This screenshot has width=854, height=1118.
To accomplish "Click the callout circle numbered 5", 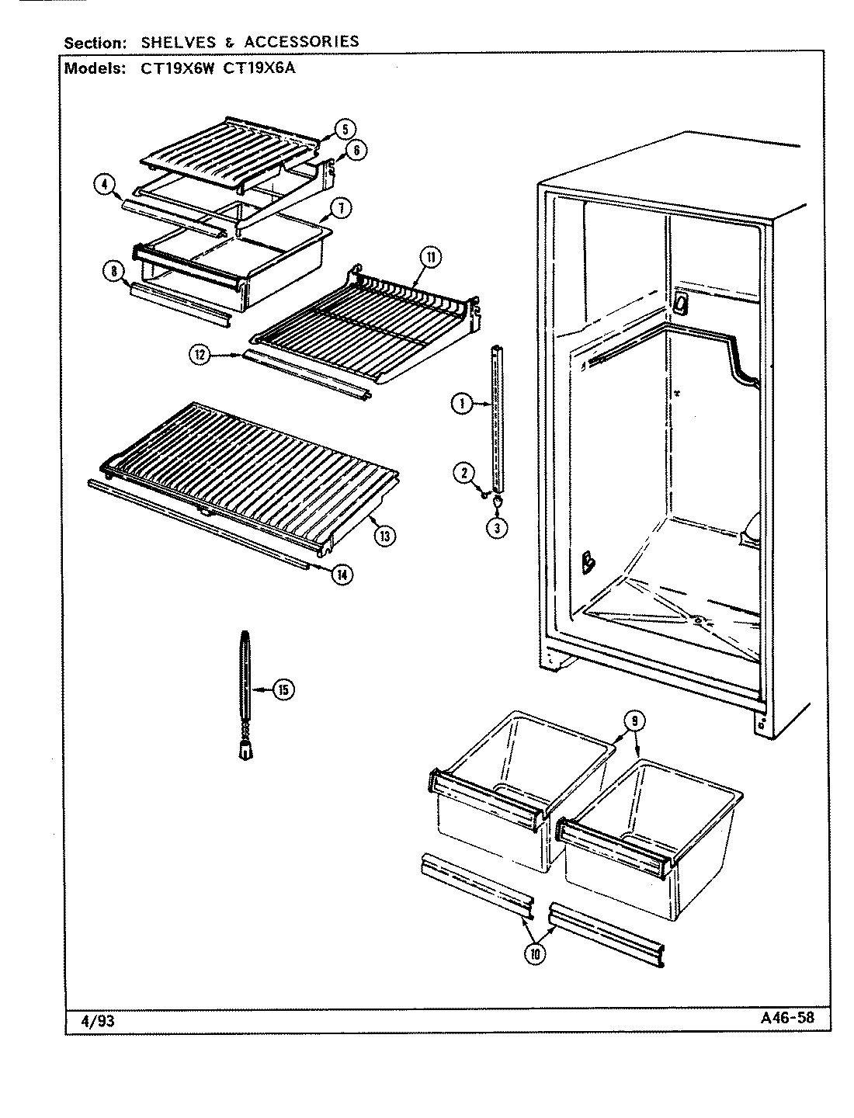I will coord(345,130).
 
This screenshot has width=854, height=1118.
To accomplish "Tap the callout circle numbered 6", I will coord(355,151).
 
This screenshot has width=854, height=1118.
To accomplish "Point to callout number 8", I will coord(113,270).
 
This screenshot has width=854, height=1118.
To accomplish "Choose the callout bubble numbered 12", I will coord(200,355).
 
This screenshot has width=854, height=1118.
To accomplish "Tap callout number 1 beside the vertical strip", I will coord(461,403).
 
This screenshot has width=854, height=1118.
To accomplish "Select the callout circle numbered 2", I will coord(463,471).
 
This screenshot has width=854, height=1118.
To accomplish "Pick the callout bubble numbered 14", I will coord(341,574).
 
